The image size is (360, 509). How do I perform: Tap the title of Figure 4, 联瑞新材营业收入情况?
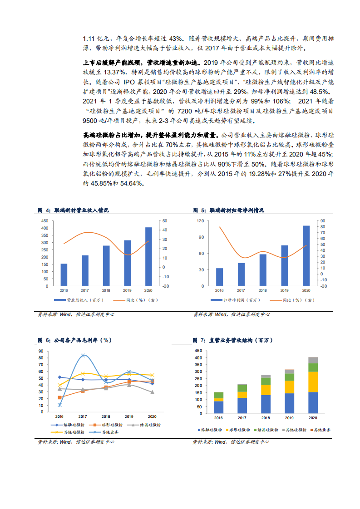coord(81,210)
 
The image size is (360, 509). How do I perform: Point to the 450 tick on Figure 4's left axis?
coord(44,221)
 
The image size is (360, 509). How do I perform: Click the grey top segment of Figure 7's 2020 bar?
coord(313,360)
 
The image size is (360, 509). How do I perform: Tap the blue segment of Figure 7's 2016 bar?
coord(219,407)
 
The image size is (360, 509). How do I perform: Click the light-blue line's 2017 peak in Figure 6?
coord(83,355)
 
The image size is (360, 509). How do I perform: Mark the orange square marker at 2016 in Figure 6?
coord(60,397)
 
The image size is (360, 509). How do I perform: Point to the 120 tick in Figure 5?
coord(200,221)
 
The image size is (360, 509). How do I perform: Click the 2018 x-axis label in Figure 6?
coord(106,416)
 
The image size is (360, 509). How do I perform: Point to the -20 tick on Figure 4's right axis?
coord(165,286)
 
